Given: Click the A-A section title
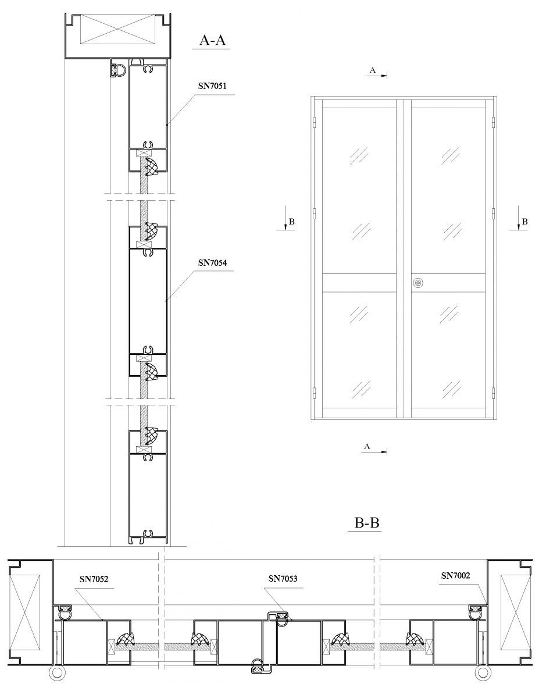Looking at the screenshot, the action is click(x=212, y=40).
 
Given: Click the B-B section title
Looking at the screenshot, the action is click(x=367, y=522).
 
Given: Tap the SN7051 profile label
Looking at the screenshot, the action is click(x=212, y=86).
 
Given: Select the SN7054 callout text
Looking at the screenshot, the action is click(x=212, y=263).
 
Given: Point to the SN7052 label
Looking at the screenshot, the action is click(x=94, y=579).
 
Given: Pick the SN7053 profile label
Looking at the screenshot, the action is click(x=283, y=579).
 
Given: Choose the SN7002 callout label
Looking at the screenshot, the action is click(x=455, y=576).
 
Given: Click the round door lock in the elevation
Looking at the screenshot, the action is click(x=417, y=283).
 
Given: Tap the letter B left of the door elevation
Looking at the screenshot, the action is click(x=292, y=222).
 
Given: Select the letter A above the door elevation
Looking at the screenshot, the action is click(x=372, y=70).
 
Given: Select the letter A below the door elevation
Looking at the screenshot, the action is click(x=367, y=447).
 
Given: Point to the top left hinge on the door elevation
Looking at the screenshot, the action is click(x=314, y=122).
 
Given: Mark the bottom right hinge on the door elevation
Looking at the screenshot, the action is click(x=494, y=393).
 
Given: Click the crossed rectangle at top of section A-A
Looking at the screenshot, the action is click(x=118, y=29).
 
